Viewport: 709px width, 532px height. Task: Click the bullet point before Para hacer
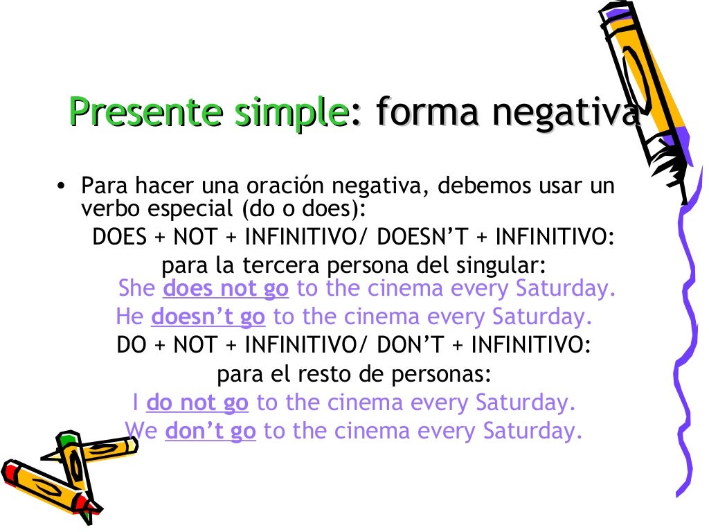click(x=62, y=187)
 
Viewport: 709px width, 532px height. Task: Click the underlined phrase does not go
click(x=226, y=288)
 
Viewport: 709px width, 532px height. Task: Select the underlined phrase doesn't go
click(x=208, y=317)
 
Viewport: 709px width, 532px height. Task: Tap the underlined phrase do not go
click(x=197, y=402)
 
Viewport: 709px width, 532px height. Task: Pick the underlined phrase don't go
click(x=210, y=432)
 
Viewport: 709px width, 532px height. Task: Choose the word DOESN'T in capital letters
click(x=424, y=238)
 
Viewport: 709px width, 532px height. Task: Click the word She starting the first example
click(x=137, y=288)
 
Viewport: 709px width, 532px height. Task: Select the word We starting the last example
click(x=142, y=432)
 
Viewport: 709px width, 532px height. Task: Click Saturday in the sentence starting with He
click(x=542, y=317)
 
